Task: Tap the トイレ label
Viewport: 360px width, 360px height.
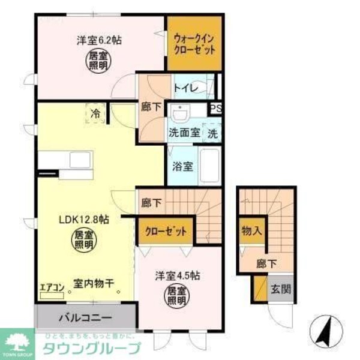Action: tap(184, 88)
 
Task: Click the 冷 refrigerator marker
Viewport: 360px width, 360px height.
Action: tap(95, 112)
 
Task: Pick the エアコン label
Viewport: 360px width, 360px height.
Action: tap(52, 287)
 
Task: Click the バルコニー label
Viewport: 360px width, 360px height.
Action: tap(85, 316)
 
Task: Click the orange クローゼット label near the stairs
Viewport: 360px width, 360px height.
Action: tap(166, 230)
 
